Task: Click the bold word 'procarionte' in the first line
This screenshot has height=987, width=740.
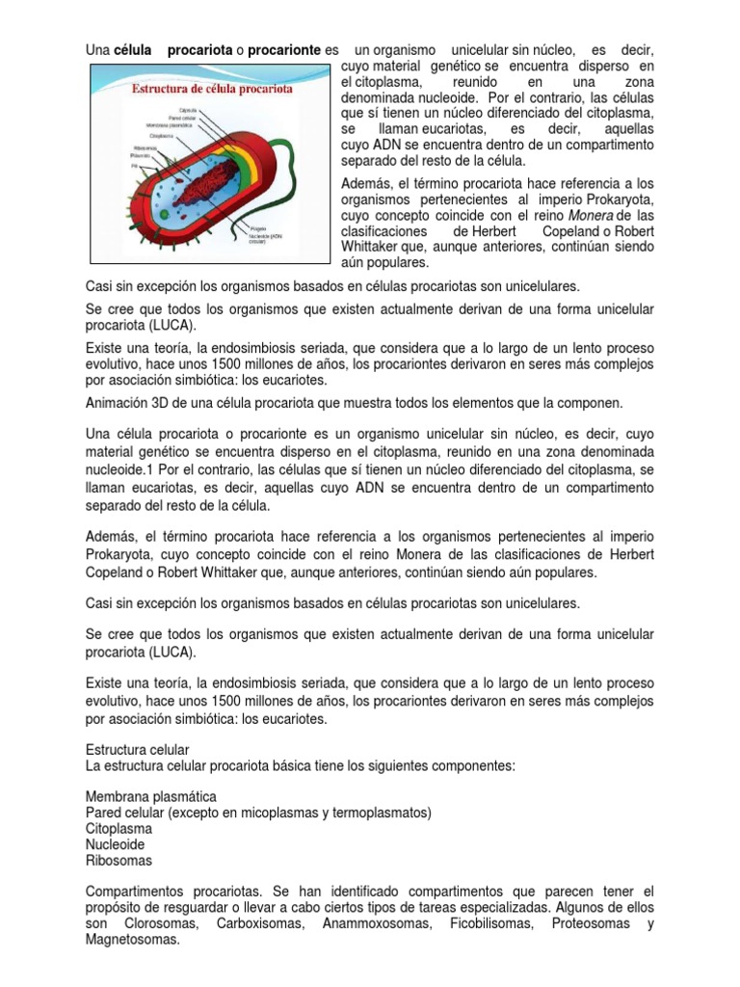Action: point(284,49)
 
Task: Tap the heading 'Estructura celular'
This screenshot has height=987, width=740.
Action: point(138,749)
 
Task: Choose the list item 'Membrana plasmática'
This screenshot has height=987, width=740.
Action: point(150,797)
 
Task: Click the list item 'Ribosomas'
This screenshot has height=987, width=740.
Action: point(119,860)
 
